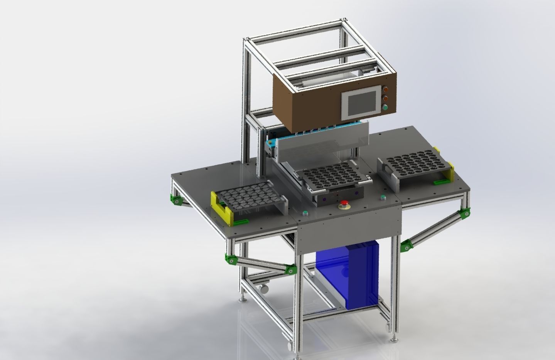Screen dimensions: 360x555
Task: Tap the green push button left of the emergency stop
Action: tap(305, 212)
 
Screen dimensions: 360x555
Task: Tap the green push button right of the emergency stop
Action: tap(383, 198)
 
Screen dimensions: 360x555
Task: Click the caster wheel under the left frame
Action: tap(265, 287)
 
